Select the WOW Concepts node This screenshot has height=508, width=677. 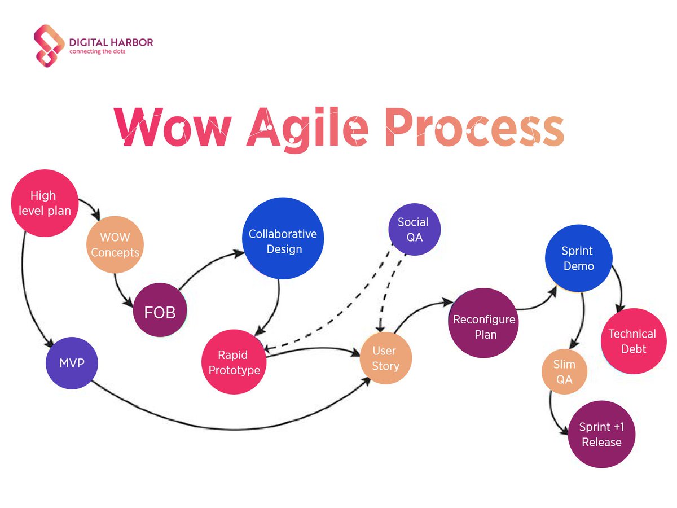point(115,244)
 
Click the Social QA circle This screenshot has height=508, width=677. point(414,230)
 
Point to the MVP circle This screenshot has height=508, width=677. point(72,363)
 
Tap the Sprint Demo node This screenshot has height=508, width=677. point(578,258)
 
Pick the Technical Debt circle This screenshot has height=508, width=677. point(632,341)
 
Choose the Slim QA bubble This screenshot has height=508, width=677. point(564,372)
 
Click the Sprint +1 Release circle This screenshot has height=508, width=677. point(602,434)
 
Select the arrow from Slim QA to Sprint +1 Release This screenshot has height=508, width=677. point(554,418)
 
